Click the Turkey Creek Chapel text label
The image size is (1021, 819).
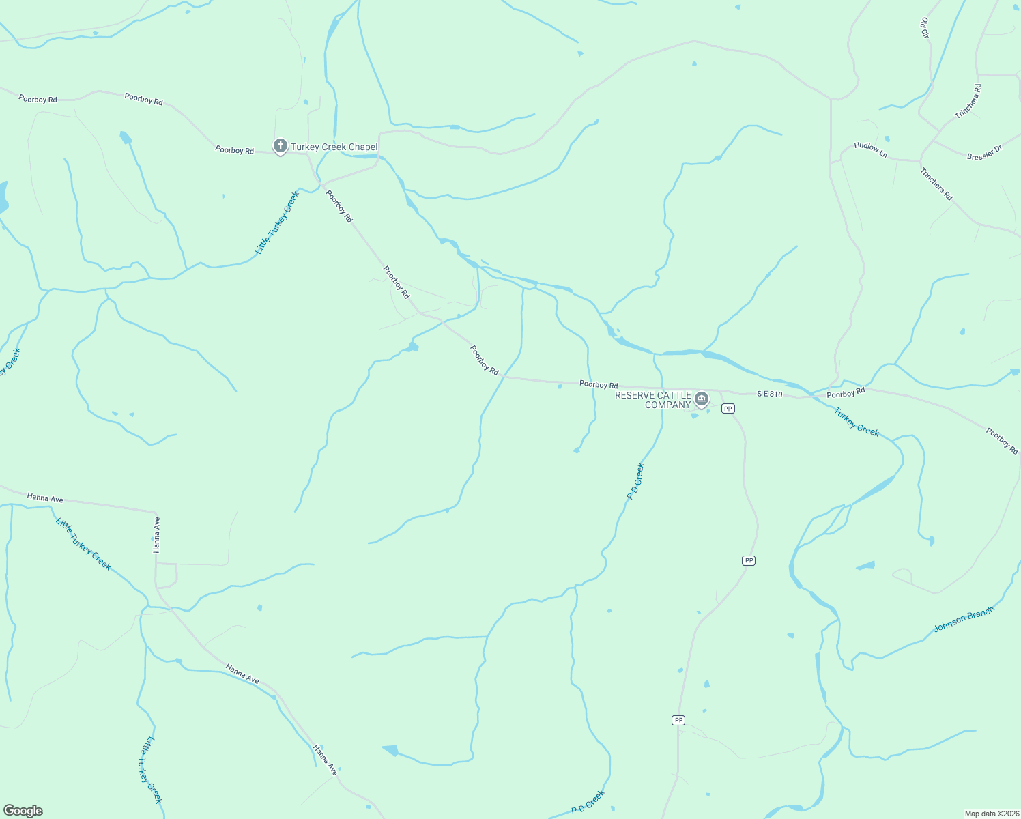tap(334, 147)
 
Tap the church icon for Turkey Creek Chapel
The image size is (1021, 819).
tap(280, 146)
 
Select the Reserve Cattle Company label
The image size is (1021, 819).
tap(653, 400)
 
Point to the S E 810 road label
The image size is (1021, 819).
tap(769, 394)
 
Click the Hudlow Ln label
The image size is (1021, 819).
tap(870, 150)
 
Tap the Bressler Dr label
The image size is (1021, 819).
tap(984, 153)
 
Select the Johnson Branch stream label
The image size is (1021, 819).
tap(964, 618)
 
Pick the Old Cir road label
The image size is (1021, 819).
tap(925, 28)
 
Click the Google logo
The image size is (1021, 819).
tap(23, 811)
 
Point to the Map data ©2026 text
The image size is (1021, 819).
tap(991, 814)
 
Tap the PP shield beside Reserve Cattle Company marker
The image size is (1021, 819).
tap(728, 408)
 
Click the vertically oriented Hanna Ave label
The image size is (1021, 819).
tap(157, 534)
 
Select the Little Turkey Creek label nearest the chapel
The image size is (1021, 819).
tap(277, 222)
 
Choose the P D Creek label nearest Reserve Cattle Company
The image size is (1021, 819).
tap(635, 481)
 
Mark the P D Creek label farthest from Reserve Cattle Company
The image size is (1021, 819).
tap(588, 802)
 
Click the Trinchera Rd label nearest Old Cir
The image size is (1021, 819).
tap(968, 102)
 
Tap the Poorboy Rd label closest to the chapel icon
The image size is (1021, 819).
tap(234, 149)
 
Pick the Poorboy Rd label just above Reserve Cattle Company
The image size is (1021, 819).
tap(599, 385)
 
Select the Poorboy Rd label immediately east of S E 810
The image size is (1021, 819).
tap(846, 393)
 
